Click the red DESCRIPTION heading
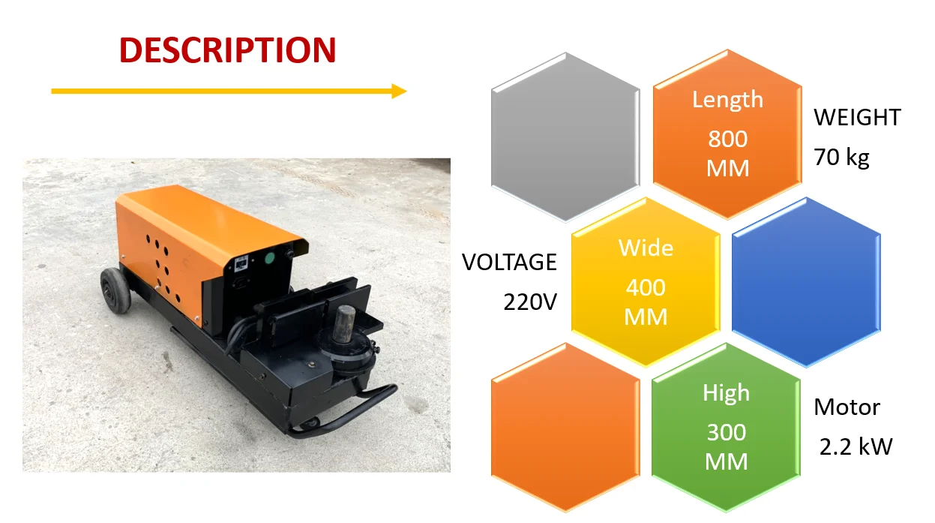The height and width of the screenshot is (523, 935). (x=227, y=50)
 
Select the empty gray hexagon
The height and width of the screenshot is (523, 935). (x=565, y=137)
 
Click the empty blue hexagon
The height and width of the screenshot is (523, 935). (x=805, y=282)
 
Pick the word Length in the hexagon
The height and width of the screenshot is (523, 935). (x=727, y=100)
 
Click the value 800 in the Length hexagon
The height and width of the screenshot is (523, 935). (x=727, y=140)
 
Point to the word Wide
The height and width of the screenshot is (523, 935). (x=646, y=248)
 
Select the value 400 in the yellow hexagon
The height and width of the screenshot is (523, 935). (x=646, y=287)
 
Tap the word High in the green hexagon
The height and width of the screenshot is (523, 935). (x=726, y=393)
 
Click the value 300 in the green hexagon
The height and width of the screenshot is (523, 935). (x=726, y=432)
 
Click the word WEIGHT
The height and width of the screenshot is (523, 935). (x=857, y=118)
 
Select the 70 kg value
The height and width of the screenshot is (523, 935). (x=841, y=158)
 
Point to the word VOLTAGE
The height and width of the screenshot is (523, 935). (x=509, y=263)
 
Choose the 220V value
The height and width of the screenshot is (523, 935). (x=529, y=302)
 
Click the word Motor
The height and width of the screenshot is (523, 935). (x=847, y=407)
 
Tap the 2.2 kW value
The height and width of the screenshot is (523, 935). (x=856, y=447)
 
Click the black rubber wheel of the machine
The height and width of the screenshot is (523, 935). (x=115, y=290)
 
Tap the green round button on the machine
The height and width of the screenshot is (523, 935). (x=270, y=260)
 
